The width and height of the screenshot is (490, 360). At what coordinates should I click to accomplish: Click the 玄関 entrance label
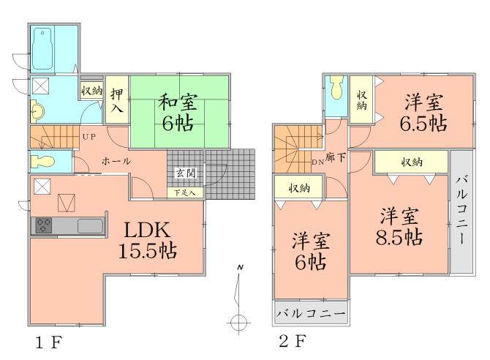tap(184, 173)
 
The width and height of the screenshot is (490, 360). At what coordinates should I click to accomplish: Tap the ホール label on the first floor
tap(116, 160)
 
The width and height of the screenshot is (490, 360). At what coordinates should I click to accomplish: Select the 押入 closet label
tap(116, 101)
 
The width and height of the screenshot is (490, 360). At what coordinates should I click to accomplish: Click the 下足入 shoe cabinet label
tap(185, 193)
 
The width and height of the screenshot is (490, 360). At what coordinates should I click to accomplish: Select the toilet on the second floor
tap(336, 89)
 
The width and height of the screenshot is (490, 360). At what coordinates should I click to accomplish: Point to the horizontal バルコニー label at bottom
tap(311, 314)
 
